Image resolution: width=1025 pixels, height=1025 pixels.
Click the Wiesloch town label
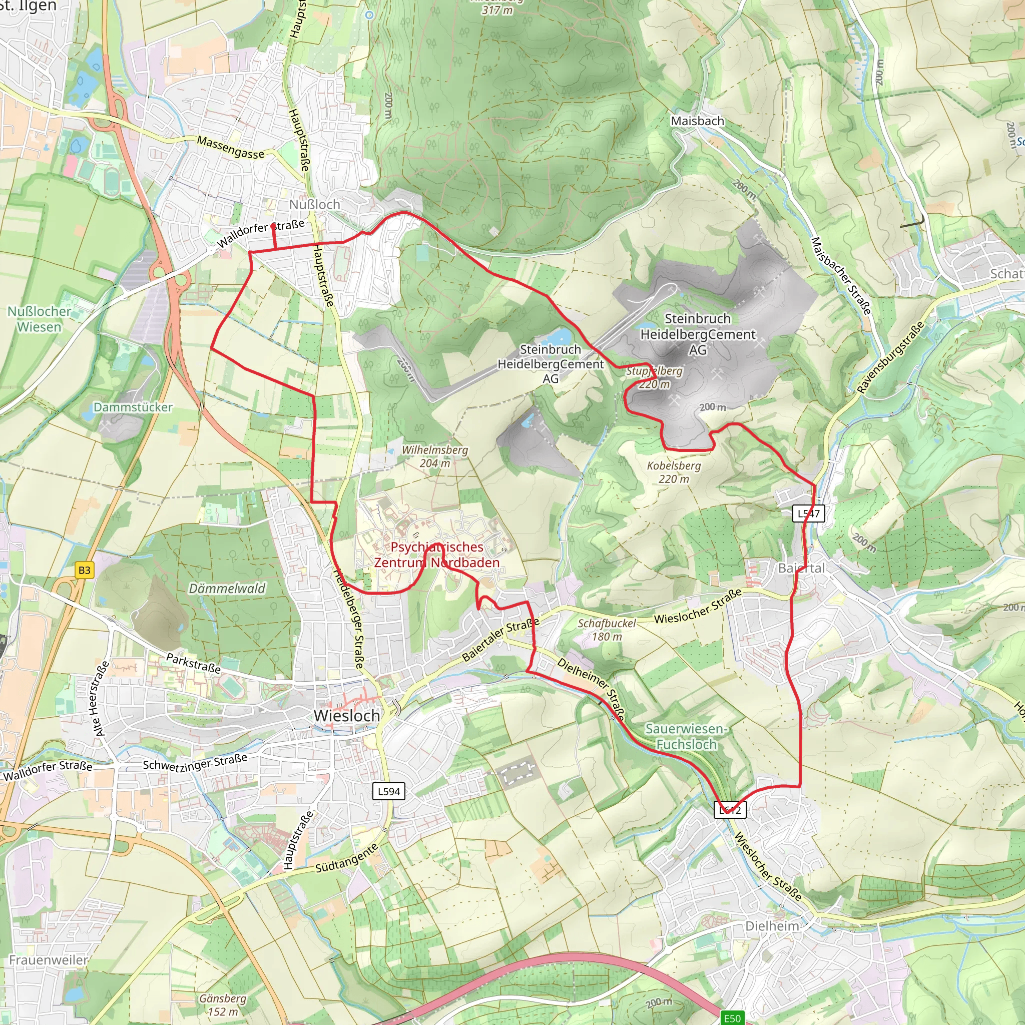point(346,716)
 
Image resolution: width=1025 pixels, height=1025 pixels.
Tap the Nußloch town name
point(315,204)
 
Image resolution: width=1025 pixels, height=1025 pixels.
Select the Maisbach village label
point(697,121)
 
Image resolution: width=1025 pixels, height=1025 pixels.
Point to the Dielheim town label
point(772,926)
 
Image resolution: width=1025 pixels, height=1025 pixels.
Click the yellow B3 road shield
point(85,571)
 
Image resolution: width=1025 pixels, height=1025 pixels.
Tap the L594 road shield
point(389,791)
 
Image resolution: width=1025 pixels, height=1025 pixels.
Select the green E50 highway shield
point(732,1018)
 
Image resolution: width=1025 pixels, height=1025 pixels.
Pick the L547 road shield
point(809,513)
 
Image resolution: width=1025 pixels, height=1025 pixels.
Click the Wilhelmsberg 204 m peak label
point(435,456)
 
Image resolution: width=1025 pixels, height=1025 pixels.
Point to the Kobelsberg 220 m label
point(674,472)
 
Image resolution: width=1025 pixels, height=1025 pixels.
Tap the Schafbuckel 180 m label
point(607,630)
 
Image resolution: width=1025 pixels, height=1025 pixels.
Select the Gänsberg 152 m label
point(223,1005)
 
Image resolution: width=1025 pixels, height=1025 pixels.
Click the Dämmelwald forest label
point(227,589)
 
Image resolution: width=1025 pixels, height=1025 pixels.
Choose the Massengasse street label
point(230,147)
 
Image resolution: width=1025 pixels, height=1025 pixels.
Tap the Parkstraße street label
point(193,663)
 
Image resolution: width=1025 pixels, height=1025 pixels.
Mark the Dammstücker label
point(133,407)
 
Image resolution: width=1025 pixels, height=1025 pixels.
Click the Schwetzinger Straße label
point(195,762)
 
